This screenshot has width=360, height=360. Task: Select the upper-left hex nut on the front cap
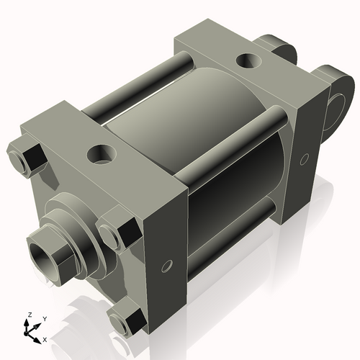tap(26, 160)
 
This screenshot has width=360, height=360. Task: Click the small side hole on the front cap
tap(166, 267)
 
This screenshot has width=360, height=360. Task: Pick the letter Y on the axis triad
tap(44, 318)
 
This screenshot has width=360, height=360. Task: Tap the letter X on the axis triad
tap(45, 338)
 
